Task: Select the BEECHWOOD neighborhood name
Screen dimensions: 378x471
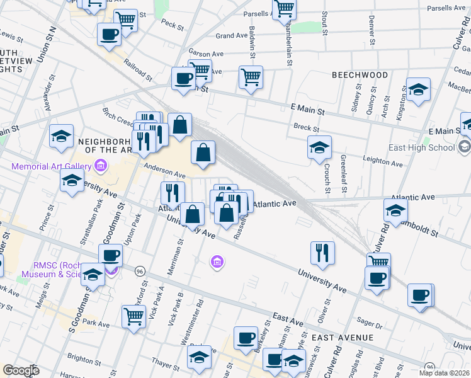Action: click(x=360, y=75)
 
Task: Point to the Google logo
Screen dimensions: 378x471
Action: click(x=21, y=370)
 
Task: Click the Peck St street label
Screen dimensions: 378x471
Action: click(x=171, y=27)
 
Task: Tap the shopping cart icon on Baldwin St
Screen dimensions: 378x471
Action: click(x=251, y=77)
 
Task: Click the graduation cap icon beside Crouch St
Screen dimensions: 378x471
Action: click(x=319, y=147)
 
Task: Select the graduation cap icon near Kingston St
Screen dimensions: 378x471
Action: click(x=418, y=89)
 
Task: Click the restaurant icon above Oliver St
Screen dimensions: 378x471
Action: click(x=322, y=252)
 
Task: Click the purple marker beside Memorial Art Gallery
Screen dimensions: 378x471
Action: click(x=99, y=166)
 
